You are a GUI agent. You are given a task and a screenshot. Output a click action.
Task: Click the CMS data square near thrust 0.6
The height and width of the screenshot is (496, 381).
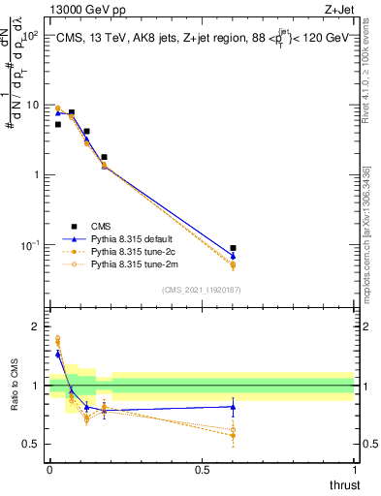233,249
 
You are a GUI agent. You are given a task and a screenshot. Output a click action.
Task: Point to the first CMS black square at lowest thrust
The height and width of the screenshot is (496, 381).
58,124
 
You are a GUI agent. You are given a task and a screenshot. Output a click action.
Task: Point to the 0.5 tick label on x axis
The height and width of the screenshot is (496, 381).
202,470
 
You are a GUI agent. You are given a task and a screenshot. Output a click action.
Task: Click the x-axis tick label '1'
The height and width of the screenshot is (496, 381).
354,470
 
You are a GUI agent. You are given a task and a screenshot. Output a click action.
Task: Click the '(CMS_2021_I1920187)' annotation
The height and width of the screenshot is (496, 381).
202,289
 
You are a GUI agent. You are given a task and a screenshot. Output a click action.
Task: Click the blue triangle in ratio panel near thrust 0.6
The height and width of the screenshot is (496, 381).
233,406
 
